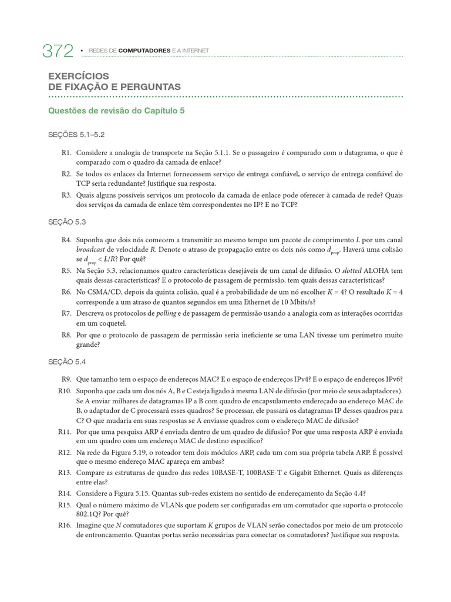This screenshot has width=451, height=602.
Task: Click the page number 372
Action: tap(58, 52)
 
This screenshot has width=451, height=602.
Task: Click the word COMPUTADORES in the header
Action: tap(144, 51)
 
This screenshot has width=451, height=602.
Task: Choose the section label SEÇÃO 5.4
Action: tap(68, 362)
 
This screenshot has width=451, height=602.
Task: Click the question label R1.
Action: tap(65, 152)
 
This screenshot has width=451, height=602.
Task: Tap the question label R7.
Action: tap(65, 313)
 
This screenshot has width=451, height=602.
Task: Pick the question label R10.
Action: tap(64, 391)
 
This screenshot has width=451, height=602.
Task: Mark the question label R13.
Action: tap(64, 471)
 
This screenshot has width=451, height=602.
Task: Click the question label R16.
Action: tap(64, 526)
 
